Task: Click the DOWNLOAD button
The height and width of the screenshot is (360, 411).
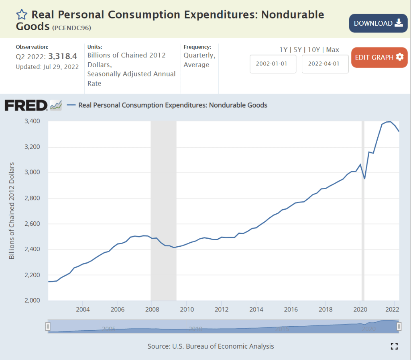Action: point(378,23)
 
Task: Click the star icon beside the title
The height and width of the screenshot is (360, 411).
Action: point(22,15)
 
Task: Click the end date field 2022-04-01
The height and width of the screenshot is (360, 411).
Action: point(325,64)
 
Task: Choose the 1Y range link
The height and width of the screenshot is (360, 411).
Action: point(283,50)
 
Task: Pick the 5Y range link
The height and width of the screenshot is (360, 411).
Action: point(298,50)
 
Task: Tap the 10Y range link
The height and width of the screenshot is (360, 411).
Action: point(314,50)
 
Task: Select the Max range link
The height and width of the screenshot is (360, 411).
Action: point(333,50)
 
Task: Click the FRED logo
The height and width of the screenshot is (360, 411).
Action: point(26,105)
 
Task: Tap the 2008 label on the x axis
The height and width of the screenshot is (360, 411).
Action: point(151,309)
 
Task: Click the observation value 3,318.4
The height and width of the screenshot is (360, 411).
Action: point(63,57)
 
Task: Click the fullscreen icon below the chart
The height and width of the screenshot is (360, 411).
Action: point(394,346)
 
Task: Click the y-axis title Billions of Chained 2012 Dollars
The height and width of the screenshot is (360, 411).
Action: point(12,211)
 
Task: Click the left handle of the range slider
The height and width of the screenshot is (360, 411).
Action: point(48,326)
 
